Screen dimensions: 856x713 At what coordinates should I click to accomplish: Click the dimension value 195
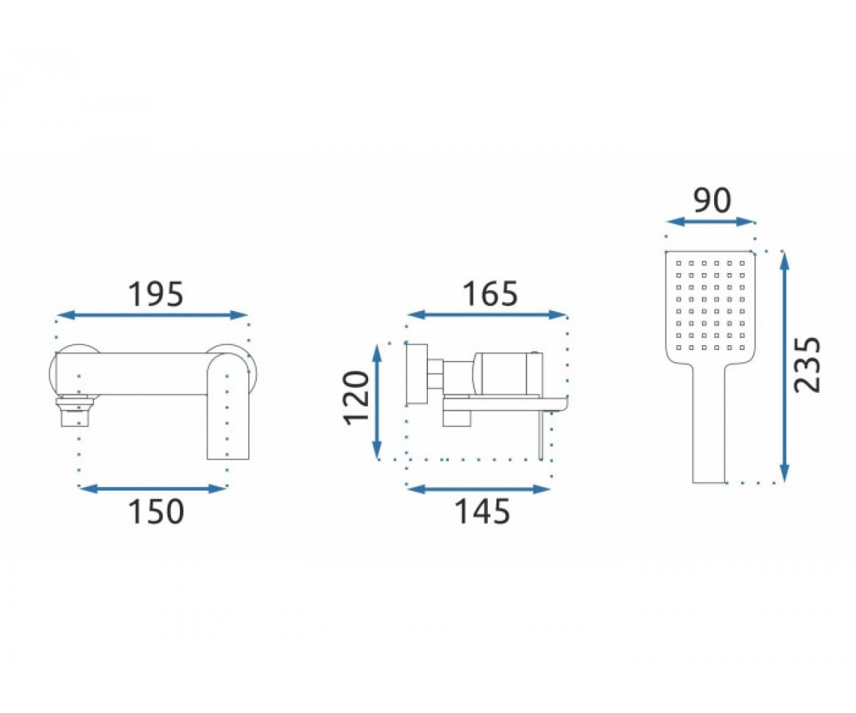coord(156,294)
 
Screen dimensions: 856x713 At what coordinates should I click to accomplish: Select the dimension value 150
coord(157,511)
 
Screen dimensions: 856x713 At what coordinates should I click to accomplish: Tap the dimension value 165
coord(490,294)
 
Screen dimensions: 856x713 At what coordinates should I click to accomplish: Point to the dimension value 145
coord(482,511)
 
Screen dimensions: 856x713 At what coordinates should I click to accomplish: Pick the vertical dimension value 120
coord(356,399)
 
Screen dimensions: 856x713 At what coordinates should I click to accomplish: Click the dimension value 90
coord(712,201)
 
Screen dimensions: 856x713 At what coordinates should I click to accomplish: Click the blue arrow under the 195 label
coord(152,314)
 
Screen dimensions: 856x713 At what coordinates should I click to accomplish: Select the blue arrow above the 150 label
coord(153,488)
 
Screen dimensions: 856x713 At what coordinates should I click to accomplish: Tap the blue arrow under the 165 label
coord(487,314)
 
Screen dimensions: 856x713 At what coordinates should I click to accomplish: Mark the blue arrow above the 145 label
coord(479,488)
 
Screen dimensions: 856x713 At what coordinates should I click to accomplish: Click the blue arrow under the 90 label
coord(710,222)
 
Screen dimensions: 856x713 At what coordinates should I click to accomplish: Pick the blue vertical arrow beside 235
coord(783,366)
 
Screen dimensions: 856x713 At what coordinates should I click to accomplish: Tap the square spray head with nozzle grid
coord(710,308)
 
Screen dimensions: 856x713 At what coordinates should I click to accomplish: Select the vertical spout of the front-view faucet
coord(228,406)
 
